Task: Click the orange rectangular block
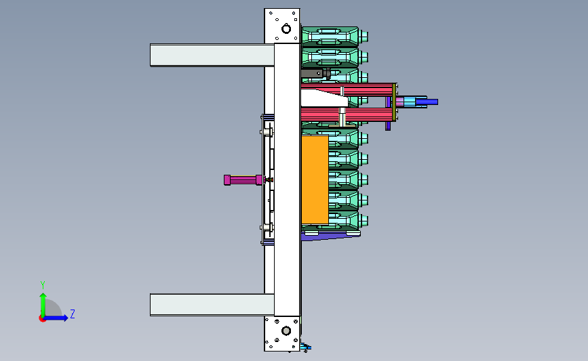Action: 315,179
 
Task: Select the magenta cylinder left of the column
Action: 243,179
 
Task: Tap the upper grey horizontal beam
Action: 212,55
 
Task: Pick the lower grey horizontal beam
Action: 212,305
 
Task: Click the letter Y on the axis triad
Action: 43,285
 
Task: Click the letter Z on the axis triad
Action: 73,314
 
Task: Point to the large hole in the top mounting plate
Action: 286,28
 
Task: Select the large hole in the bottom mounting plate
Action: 286,331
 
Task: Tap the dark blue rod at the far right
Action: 427,102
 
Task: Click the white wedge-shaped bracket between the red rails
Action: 324,98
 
